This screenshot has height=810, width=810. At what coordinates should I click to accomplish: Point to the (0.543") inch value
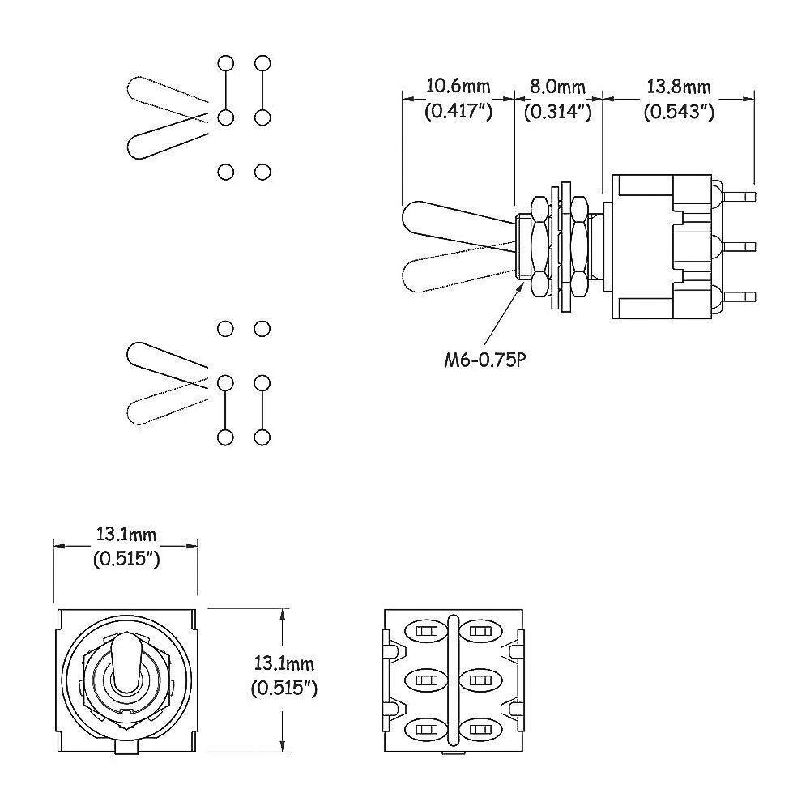pos(678,112)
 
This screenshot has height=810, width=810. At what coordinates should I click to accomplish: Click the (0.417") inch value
pos(458,112)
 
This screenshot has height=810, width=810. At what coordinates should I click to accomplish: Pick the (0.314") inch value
pos(557,112)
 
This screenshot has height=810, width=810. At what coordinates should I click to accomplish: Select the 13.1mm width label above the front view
pos(126,535)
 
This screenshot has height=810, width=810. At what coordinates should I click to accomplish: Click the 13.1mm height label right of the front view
pos(283,665)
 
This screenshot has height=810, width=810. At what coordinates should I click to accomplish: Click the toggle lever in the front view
pos(126,660)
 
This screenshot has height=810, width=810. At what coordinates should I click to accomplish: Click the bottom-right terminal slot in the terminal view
pos(479,729)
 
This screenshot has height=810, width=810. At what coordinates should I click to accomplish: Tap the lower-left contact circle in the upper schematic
pos(226,172)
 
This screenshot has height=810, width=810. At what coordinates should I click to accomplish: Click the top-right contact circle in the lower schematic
pos(262,328)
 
